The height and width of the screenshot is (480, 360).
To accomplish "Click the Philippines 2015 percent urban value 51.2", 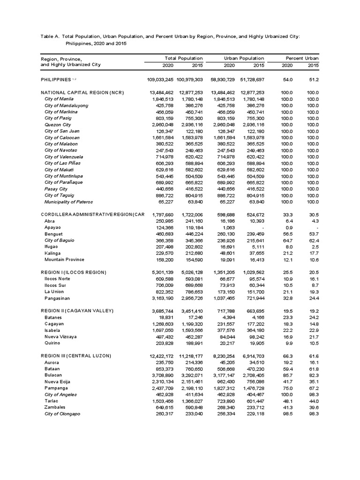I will pos(313,80).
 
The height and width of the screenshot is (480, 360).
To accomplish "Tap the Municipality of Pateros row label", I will pos(68,202).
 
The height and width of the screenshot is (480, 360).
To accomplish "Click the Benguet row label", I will pos(54,233).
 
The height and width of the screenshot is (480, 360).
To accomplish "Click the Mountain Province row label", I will pos(65,259).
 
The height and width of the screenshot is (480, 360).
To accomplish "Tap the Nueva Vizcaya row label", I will pos(61,336).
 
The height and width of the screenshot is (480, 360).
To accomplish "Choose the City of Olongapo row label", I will pos(63,414).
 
